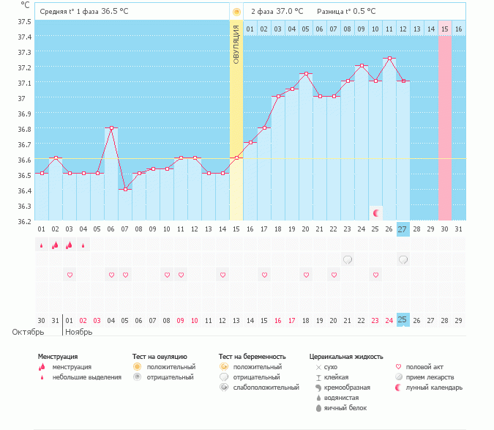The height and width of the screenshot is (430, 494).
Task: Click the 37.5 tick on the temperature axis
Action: coord(23,21)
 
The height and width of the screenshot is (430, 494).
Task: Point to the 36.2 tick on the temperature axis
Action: coord(23,221)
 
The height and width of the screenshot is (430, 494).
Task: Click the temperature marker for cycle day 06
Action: coord(111,127)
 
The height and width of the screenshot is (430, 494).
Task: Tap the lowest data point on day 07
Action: coord(125,189)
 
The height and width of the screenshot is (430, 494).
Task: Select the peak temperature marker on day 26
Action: coord(389,59)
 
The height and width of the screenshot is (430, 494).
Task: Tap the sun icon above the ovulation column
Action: coord(236,12)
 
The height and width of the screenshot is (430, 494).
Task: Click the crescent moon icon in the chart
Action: coord(376,212)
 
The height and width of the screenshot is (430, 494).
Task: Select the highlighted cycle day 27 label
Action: coord(403,229)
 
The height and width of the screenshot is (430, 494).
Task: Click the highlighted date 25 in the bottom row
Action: coord(403,319)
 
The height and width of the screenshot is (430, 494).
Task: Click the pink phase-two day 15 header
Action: coord(445,29)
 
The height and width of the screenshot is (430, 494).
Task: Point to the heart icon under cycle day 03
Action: coord(70,275)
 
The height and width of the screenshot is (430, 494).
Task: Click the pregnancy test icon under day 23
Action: coord(348,259)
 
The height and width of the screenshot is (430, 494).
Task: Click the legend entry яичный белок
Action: coord(345,408)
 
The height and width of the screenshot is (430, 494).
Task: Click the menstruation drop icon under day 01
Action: coord(42,245)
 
